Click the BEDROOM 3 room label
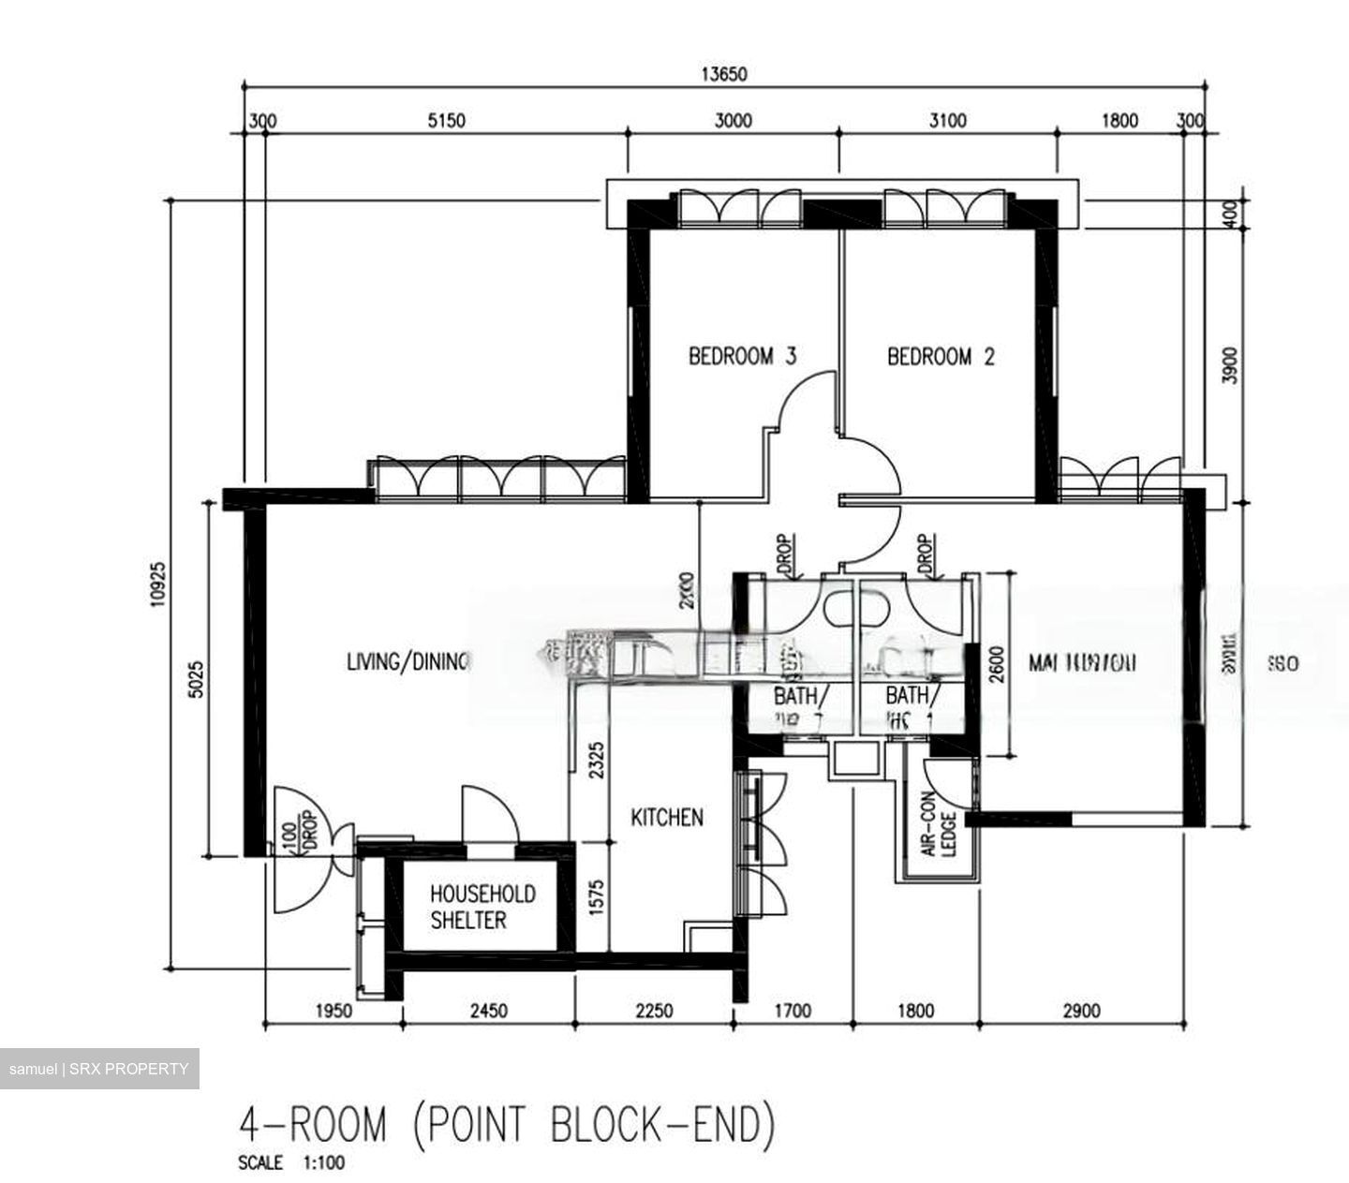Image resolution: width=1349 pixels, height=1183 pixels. coord(742,357)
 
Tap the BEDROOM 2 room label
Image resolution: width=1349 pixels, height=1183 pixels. coord(941,357)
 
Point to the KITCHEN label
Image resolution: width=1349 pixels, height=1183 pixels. coord(667,818)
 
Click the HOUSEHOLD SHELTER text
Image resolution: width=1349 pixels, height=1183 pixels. coord(482,907)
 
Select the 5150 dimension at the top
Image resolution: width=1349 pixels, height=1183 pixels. coord(446,121)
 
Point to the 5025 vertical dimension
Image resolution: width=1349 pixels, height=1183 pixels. coord(196,675)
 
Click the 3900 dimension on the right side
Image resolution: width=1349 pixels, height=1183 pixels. coord(1230,365)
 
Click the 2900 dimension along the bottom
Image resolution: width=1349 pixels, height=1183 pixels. coord(1081,1011)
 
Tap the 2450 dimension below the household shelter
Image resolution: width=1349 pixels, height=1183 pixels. coord(488,1011)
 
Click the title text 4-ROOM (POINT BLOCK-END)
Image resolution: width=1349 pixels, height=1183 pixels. coord(507,1124)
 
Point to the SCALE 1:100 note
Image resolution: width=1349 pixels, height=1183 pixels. coord(291,1164)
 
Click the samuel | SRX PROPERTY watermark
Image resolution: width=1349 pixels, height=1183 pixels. coord(99,1069)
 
